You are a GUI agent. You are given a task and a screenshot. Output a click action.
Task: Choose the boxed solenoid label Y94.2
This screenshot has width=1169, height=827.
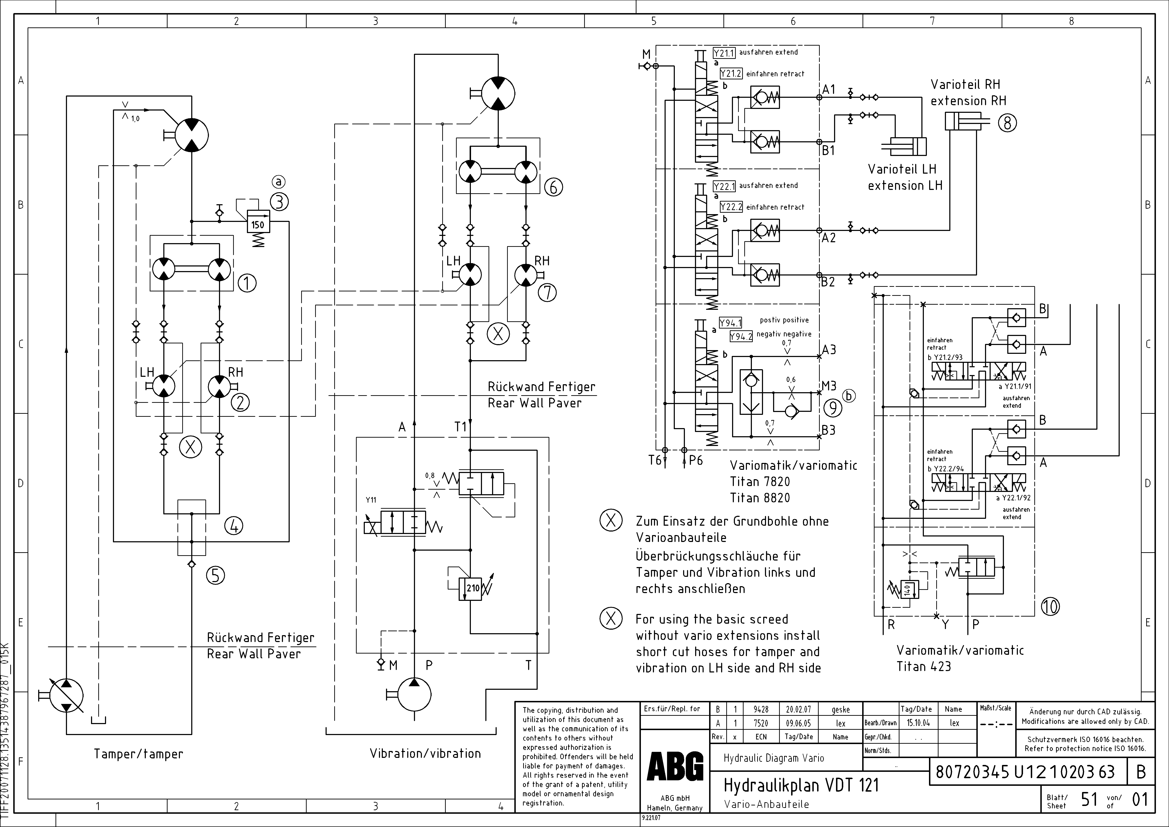741,337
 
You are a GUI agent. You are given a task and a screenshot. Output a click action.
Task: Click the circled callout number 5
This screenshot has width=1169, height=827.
215,575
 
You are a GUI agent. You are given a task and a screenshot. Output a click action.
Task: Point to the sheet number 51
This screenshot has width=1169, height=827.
1089,799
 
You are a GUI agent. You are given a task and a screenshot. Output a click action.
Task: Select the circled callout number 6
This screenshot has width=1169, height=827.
553,187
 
